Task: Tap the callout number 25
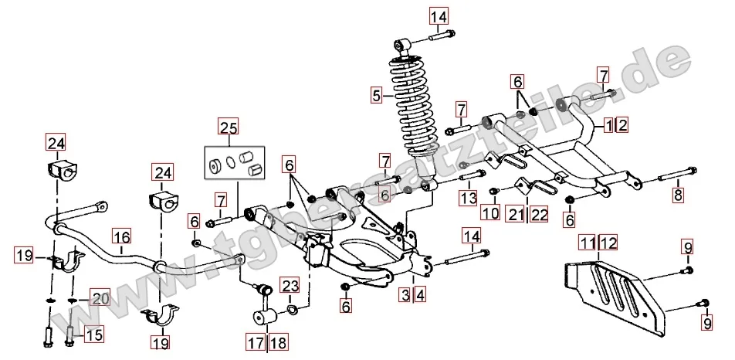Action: [229, 128]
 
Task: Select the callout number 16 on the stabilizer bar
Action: [122, 237]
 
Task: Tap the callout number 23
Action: [289, 287]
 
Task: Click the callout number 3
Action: [405, 294]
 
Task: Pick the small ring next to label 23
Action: [293, 311]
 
